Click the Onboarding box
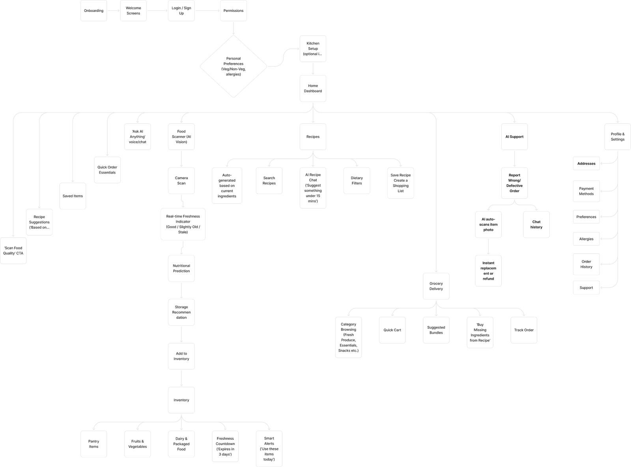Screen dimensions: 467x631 click(x=94, y=11)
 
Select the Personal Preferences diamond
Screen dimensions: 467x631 click(x=233, y=66)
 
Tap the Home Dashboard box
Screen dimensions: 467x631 click(x=313, y=88)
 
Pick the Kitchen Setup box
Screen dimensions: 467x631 click(x=313, y=49)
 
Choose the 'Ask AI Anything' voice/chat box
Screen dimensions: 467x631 click(x=137, y=137)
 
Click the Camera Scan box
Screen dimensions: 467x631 click(x=181, y=180)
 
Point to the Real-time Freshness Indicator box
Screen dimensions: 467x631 click(x=183, y=224)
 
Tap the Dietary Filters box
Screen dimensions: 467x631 click(x=357, y=180)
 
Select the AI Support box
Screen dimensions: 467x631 click(x=514, y=137)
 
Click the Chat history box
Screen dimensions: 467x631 click(x=536, y=224)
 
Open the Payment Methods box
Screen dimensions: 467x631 click(x=586, y=191)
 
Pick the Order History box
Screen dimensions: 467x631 click(x=586, y=264)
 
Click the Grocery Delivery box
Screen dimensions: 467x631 click(x=436, y=286)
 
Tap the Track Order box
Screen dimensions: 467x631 click(x=524, y=330)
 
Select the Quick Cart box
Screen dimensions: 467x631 click(x=392, y=330)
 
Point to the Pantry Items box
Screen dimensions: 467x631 click(x=93, y=444)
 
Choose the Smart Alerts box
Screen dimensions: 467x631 click(x=269, y=448)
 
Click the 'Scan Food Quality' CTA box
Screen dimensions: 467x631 click(x=13, y=251)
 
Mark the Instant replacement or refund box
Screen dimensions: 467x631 click(x=488, y=270)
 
